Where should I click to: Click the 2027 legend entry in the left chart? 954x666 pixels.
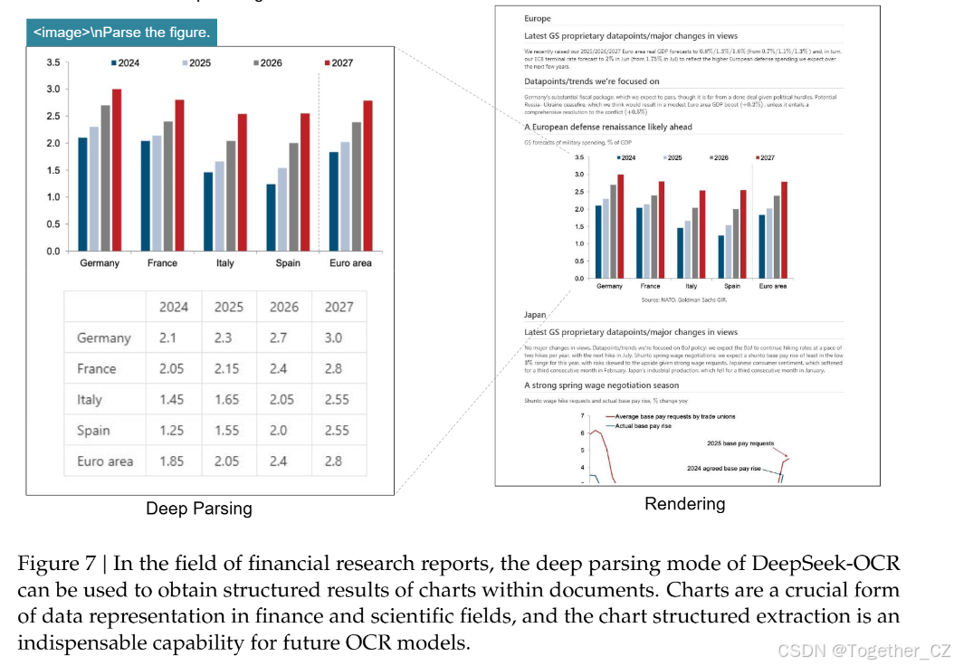coord(338,62)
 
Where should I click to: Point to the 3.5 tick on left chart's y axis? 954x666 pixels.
coord(53,62)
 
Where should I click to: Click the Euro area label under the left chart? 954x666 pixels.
coord(349,263)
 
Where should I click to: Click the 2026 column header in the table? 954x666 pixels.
coord(283,307)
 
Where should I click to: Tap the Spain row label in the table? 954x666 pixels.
coord(94,430)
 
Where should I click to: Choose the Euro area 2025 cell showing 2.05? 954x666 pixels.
coord(228,461)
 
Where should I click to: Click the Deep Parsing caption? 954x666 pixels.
coord(199,509)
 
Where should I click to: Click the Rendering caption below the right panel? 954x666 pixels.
coord(684,504)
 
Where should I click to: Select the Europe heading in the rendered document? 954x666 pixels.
coord(537,18)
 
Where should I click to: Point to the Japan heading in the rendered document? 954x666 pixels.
coord(535,315)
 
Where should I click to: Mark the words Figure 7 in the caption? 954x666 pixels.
coord(56,563)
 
